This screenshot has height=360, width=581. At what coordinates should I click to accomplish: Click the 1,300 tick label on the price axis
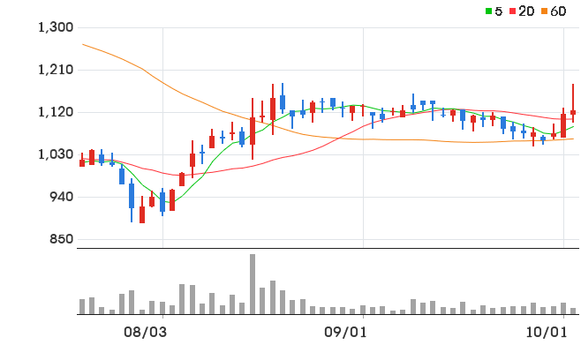[56, 27]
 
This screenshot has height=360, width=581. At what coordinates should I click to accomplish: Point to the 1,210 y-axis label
[56, 70]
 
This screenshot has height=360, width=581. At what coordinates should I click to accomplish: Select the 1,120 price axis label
[56, 112]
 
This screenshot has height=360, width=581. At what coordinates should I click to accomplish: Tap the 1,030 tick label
[56, 154]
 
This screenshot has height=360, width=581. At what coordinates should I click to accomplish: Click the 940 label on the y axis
[62, 197]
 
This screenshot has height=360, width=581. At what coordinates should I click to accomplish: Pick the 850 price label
[62, 239]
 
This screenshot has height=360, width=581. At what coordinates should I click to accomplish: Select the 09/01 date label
[345, 333]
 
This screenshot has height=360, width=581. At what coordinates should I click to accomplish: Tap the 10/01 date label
[547, 333]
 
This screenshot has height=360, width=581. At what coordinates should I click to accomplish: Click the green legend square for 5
[489, 11]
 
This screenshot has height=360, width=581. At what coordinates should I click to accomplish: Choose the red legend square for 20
[512, 11]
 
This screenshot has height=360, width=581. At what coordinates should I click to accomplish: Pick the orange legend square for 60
[544, 11]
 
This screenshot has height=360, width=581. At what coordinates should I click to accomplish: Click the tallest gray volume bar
[253, 284]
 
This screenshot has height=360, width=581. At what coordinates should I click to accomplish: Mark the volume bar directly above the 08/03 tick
[162, 308]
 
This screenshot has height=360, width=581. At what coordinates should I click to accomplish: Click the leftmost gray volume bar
[82, 307]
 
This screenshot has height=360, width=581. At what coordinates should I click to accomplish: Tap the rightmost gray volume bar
[573, 311]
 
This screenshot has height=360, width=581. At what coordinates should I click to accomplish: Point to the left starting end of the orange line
[82, 44]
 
